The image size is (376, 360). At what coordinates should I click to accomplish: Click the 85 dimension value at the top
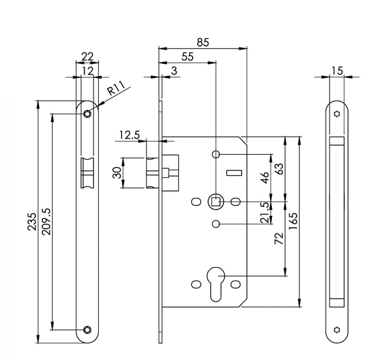click(x=203, y=42)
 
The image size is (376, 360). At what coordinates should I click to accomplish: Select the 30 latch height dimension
click(x=118, y=172)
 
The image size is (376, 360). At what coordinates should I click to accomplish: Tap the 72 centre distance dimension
click(x=278, y=239)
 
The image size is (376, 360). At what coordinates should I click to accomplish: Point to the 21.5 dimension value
click(x=265, y=213)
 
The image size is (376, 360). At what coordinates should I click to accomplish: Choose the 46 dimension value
click(x=265, y=178)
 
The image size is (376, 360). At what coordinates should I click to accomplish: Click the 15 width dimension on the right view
click(x=337, y=71)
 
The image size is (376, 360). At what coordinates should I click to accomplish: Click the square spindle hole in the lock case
click(x=215, y=201)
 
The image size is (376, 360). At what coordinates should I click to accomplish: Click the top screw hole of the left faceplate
click(x=87, y=114)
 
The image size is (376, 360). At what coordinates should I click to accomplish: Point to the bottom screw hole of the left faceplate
click(x=87, y=330)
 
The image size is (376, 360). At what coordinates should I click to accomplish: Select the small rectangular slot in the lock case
click(x=233, y=172)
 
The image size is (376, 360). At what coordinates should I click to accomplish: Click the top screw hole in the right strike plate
click(x=337, y=113)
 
